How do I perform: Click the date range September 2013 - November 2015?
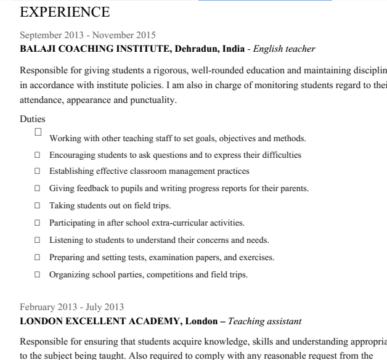[x=88, y=35]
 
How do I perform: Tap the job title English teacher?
[x=284, y=49]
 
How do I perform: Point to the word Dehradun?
[x=198, y=49]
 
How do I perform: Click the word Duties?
[x=32, y=119]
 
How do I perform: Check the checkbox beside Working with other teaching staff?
[x=38, y=132]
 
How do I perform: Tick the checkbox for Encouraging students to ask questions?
[x=37, y=155]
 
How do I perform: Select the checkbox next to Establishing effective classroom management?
[x=37, y=171]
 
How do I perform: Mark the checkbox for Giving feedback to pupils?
[x=37, y=189]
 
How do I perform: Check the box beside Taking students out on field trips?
[x=37, y=206]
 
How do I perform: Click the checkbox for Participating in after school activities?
[x=37, y=223]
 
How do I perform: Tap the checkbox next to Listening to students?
[x=37, y=240]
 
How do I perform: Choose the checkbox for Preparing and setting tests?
[x=37, y=258]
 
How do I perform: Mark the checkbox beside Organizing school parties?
[x=37, y=275]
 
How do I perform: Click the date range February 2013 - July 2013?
[x=71, y=307]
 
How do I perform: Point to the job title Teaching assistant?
[x=264, y=321]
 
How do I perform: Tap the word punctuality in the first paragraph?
[x=153, y=99]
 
